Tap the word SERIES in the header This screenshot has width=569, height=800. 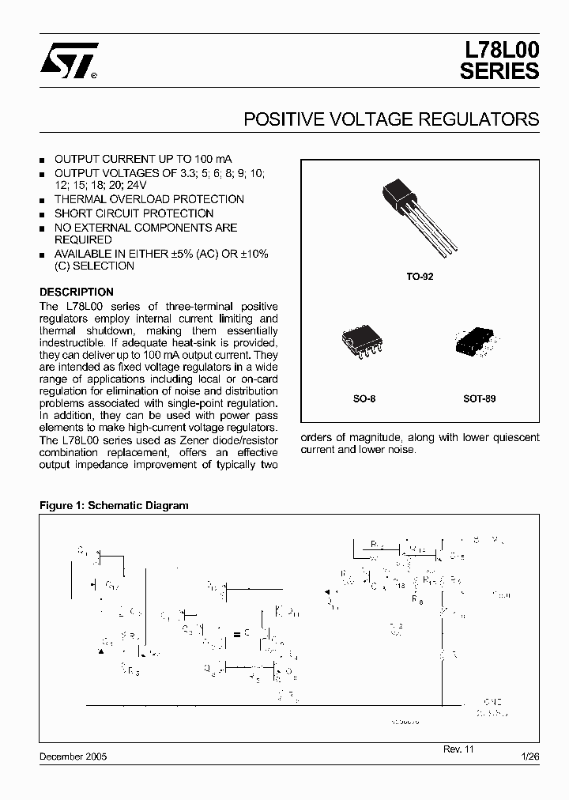499,71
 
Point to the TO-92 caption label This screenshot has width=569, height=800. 420,277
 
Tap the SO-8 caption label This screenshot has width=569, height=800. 364,398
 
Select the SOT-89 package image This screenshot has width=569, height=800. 479,343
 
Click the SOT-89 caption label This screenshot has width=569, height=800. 479,398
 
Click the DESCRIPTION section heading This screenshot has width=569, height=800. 77,292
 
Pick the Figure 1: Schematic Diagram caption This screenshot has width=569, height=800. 114,505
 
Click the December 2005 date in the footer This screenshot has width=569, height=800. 73,757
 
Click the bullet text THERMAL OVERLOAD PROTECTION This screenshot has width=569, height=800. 149,199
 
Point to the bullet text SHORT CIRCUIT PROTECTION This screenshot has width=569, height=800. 134,213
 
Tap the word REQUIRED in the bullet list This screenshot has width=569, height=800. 83,240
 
